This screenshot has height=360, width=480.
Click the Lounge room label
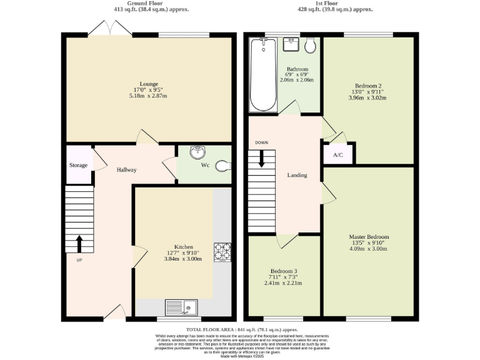[149, 84]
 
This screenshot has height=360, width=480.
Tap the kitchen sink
[181, 306]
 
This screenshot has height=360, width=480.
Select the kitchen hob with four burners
[222, 251]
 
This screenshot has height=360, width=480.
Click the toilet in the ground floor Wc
[222, 166]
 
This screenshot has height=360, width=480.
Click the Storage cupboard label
[78, 166]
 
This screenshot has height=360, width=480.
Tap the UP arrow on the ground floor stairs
[79, 243]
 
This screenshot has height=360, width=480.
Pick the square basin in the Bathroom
[291, 44]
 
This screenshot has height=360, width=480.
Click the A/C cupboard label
[338, 155]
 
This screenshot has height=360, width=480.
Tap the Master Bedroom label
[369, 237]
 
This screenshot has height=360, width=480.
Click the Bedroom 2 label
[368, 86]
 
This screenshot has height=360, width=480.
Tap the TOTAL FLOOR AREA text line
[242, 329]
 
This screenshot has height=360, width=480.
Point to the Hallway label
[126, 169]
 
